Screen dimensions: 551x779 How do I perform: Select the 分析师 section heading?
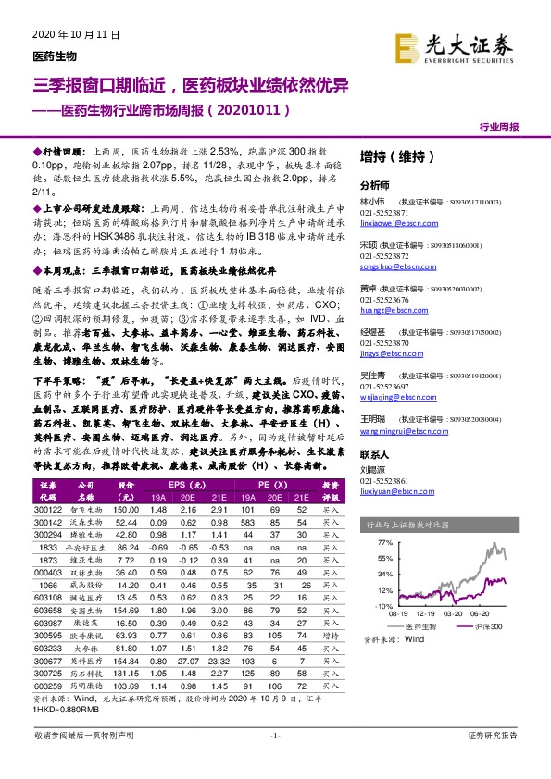point(375,184)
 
